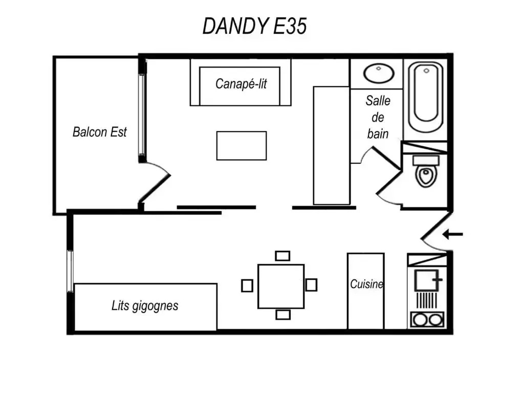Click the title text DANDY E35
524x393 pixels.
[255, 26]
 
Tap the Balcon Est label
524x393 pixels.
[100, 132]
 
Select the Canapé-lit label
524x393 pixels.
[241, 84]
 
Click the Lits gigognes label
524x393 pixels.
[145, 306]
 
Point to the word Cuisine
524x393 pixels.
[366, 284]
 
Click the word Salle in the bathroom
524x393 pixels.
[378, 101]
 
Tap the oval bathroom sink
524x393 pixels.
[379, 73]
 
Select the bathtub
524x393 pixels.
[426, 96]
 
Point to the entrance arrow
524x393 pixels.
[452, 234]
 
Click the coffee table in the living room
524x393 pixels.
[242, 146]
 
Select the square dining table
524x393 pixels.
[281, 287]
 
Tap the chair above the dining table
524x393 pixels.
[282, 256]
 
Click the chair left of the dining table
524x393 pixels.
[247, 286]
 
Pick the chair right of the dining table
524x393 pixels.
[311, 285]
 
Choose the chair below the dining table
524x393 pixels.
[282, 315]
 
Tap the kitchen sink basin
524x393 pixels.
[426, 280]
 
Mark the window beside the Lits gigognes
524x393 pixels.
[70, 271]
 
